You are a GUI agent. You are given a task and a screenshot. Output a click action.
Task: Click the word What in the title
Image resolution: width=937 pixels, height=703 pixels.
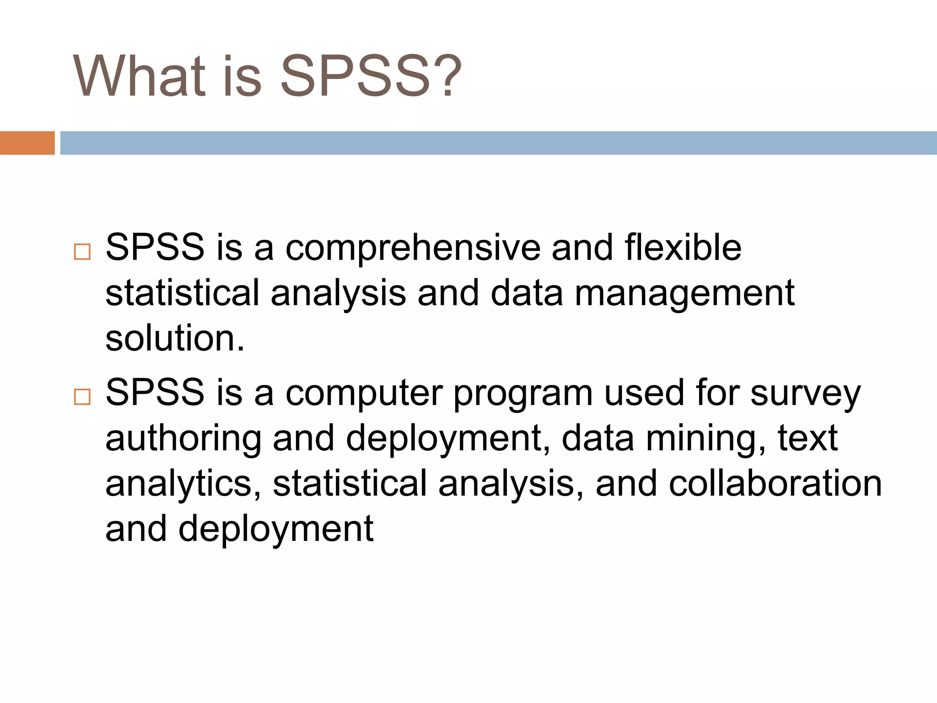139,76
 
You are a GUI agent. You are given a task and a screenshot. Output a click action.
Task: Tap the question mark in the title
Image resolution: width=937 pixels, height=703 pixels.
446,76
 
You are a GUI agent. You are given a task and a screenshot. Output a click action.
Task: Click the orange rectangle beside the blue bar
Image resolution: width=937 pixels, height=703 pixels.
27,143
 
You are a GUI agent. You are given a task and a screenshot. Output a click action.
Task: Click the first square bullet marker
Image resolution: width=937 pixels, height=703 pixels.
82,252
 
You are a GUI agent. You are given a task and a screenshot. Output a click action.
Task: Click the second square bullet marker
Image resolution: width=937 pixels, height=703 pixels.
82,397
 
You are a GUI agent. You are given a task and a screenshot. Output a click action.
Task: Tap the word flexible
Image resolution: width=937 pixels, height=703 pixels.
683,248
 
